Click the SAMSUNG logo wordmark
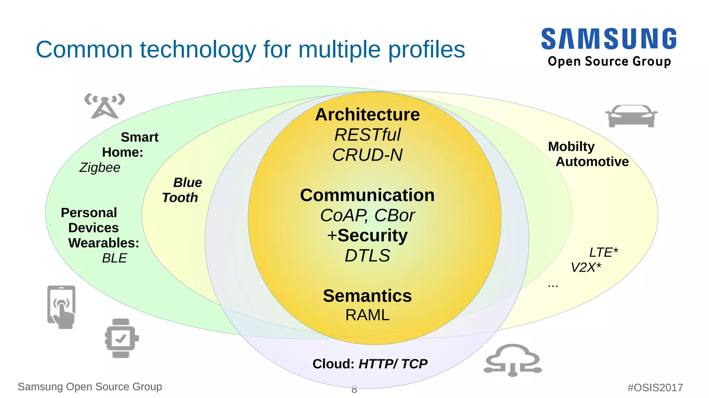609,39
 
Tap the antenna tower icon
105,106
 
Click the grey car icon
631,116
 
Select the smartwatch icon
122,338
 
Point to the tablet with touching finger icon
61,307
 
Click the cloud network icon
513,360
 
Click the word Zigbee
100,168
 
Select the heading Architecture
367,115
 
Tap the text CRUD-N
367,155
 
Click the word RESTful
367,135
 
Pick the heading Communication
367,195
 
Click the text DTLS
367,256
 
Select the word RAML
367,315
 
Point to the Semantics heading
367,296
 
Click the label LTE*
603,252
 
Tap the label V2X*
586,268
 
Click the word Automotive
592,162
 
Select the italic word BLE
114,258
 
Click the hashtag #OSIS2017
655,387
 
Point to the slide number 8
354,389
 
